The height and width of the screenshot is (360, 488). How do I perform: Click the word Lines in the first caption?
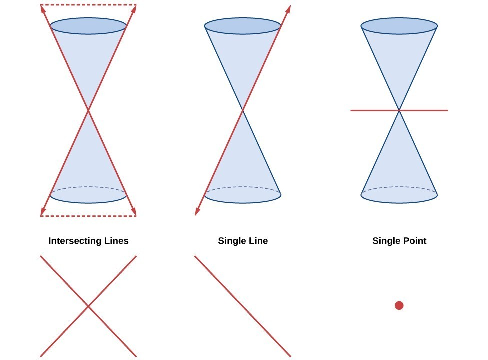click(117, 241)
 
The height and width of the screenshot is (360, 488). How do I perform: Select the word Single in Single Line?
click(230, 241)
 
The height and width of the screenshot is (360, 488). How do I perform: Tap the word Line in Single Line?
click(256, 241)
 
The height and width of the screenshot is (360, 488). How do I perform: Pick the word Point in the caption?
click(413, 241)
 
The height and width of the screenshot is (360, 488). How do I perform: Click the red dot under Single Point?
click(399, 306)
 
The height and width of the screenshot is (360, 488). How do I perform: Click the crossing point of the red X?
click(88, 307)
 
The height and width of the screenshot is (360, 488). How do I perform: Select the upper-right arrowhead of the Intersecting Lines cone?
click(134, 9)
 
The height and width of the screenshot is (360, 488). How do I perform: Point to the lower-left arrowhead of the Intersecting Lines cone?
click(43, 211)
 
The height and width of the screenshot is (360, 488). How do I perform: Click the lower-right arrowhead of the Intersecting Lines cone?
click(134, 211)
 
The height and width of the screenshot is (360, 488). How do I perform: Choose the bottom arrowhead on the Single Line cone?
click(197, 211)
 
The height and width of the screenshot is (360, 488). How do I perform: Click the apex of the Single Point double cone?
click(399, 110)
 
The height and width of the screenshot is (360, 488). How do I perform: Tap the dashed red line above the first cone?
click(88, 5)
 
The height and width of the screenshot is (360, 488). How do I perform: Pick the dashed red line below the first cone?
click(88, 216)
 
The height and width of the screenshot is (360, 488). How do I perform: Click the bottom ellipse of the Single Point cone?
click(399, 203)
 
